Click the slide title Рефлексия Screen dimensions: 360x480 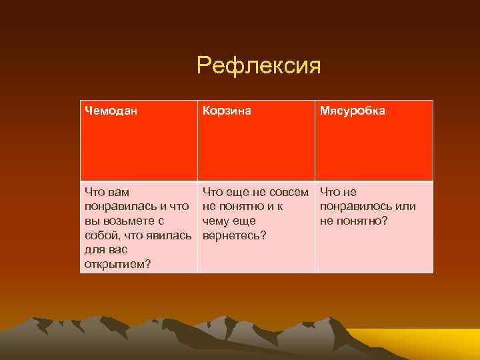[259, 66]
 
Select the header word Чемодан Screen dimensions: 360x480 [111, 111]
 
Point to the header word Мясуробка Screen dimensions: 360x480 [352, 111]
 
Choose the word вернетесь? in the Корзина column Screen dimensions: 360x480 [233, 235]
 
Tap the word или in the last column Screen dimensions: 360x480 [407, 206]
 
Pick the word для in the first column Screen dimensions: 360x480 [93, 249]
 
